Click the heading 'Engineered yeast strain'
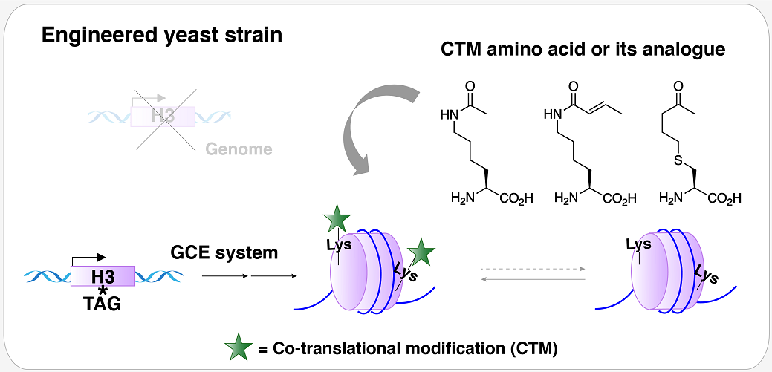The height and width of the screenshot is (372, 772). [161, 36]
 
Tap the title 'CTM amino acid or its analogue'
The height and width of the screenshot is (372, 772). [583, 50]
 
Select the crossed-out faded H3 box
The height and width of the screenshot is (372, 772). [163, 116]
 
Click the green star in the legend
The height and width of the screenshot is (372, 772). [239, 347]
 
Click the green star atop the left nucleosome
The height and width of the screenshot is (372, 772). [337, 221]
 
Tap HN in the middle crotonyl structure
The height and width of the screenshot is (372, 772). [552, 114]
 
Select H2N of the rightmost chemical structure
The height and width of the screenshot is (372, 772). [672, 198]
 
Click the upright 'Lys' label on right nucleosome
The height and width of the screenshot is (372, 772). [638, 244]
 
